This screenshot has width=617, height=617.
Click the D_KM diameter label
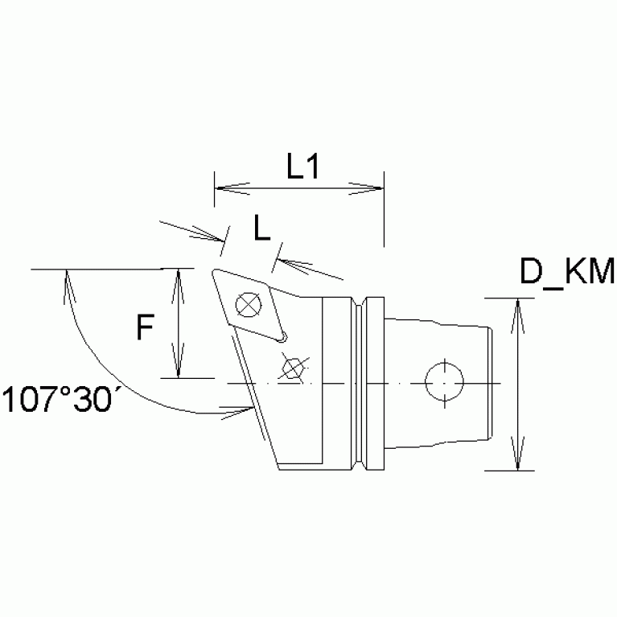(x=566, y=273)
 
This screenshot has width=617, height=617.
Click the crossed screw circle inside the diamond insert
(x=247, y=305)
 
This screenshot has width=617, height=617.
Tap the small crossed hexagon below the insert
(x=292, y=368)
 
